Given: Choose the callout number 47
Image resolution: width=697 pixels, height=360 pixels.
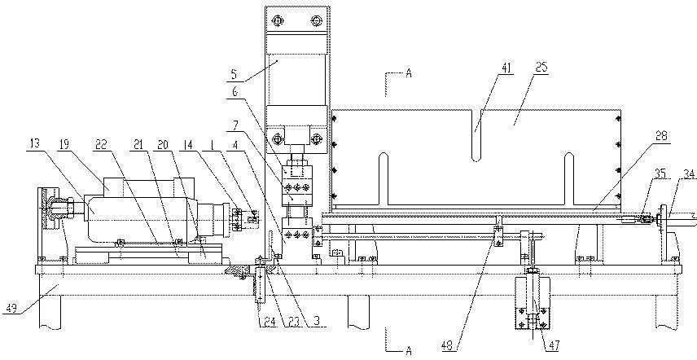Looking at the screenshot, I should point(554,345).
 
